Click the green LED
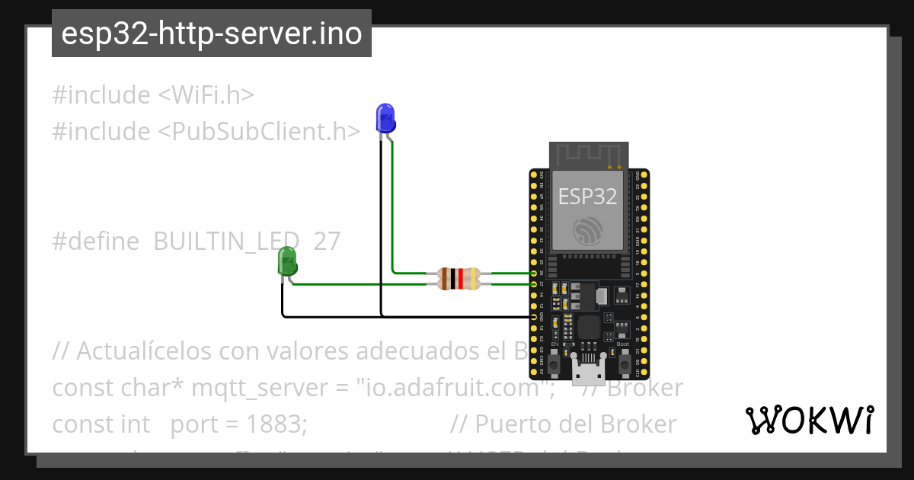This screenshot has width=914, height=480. pyautogui.click(x=287, y=261)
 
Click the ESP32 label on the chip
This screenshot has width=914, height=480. pyautogui.click(x=587, y=196)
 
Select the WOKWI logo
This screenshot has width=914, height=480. pyautogui.click(x=810, y=420)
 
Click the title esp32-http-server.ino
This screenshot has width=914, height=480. pyautogui.click(x=212, y=34)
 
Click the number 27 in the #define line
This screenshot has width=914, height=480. pyautogui.click(x=327, y=242)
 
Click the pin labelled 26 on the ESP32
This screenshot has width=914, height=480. pyautogui.click(x=534, y=272)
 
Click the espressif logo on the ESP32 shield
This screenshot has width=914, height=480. pyautogui.click(x=587, y=230)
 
